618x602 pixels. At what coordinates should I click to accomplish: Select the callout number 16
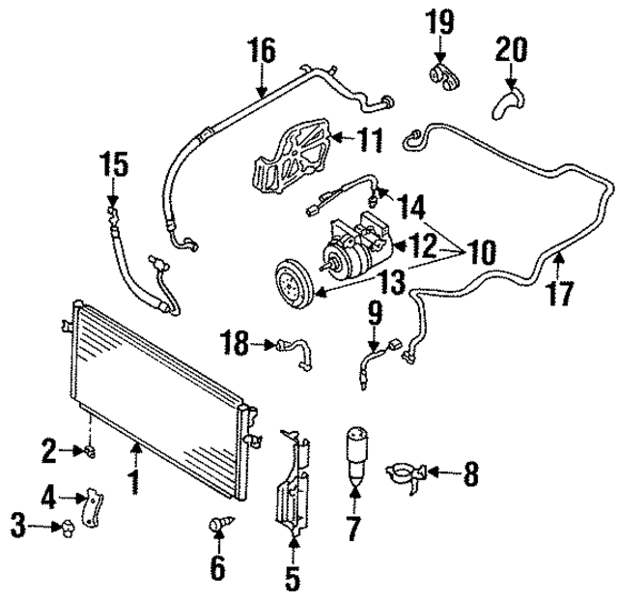261,48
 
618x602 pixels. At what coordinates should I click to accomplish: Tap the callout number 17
561,291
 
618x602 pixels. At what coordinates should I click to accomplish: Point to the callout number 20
513,47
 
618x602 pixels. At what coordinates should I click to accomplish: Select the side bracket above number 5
293,487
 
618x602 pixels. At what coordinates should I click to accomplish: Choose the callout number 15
114,164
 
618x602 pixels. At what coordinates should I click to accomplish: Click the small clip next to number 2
90,450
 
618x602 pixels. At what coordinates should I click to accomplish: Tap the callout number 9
376,312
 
